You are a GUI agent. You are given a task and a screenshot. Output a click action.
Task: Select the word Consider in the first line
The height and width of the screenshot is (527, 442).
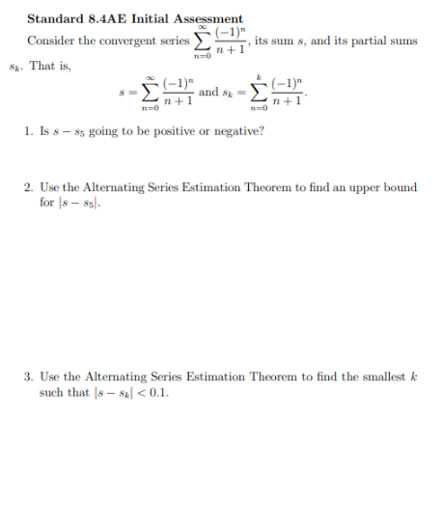click(x=48, y=41)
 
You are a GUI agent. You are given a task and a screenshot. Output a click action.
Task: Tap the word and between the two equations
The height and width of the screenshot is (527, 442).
click(x=208, y=93)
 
